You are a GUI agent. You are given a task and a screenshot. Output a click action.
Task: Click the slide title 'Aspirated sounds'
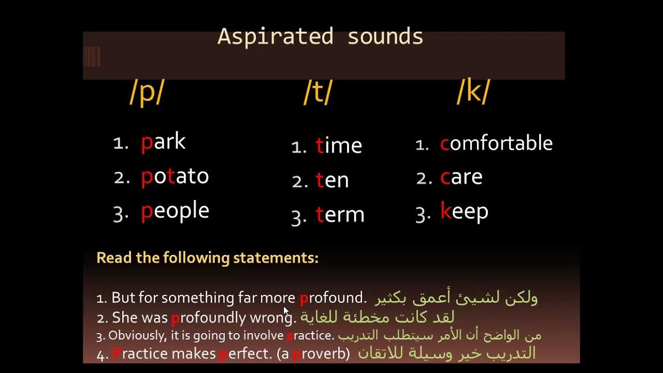pos(320,37)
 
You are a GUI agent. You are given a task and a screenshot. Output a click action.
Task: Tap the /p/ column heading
pos(147,93)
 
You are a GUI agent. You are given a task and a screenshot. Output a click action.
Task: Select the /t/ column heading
pos(318,93)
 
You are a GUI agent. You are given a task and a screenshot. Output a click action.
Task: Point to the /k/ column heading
pos(473,92)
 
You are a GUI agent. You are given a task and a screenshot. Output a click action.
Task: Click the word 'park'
pos(163,142)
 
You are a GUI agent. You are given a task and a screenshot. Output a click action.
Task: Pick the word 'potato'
pos(175,177)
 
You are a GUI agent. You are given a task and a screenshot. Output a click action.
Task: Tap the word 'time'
pos(338,146)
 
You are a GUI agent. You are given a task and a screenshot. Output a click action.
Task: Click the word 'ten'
pos(332,180)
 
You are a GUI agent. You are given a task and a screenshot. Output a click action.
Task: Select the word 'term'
pos(340,214)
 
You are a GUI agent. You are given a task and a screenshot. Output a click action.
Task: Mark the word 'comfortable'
pos(496,144)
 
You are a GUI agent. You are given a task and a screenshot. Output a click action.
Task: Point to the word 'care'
pos(461,177)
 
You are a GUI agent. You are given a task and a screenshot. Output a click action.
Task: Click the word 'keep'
pos(464,212)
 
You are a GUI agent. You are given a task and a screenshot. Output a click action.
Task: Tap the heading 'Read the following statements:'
pos(207,257)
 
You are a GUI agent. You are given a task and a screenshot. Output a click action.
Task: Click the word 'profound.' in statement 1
pos(333,298)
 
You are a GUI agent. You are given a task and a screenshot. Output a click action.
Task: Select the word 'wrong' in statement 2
pos(271,317)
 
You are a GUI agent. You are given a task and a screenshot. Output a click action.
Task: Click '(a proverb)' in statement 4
pos(321,354)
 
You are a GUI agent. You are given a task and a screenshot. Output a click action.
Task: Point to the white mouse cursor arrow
pos(286,310)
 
